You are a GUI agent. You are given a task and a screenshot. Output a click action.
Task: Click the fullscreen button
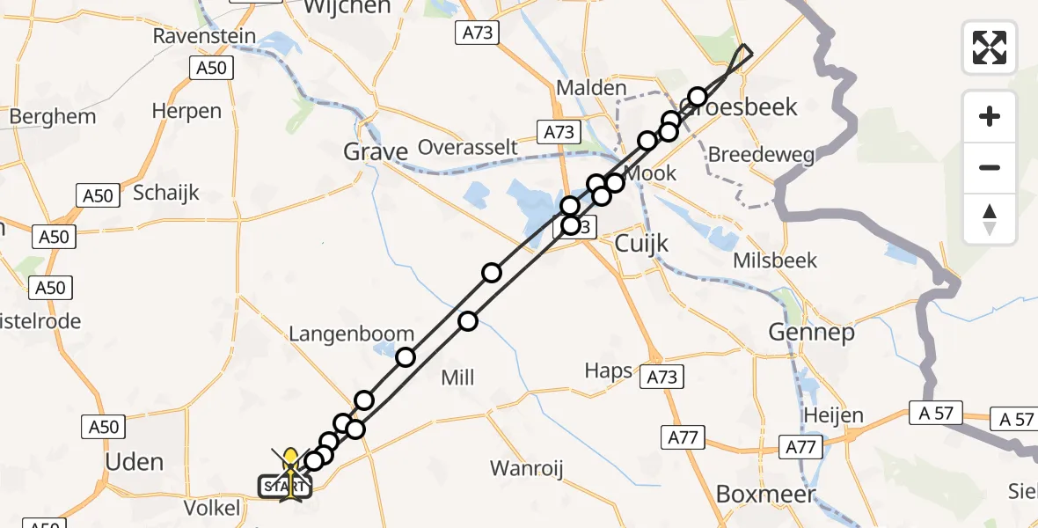[x=990, y=48]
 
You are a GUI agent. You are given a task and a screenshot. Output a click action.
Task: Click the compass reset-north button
[x=990, y=219]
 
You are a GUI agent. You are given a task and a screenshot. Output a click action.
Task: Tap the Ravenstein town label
[x=204, y=36]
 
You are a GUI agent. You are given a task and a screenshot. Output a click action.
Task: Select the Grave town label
[x=376, y=152]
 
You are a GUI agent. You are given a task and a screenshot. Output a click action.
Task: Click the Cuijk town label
[x=641, y=243]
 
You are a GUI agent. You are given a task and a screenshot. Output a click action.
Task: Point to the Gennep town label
[x=811, y=332]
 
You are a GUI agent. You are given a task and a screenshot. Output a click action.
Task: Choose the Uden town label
[x=134, y=462]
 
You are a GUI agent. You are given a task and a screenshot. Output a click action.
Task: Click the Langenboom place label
[x=352, y=334]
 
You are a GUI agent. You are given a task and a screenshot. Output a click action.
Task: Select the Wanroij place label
[x=525, y=467]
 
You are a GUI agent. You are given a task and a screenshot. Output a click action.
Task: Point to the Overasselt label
[x=467, y=146]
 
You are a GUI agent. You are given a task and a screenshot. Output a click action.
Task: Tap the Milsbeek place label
[x=775, y=260]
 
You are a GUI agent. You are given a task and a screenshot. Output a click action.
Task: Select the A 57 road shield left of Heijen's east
[x=937, y=413]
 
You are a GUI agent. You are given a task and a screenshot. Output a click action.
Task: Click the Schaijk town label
[x=166, y=193]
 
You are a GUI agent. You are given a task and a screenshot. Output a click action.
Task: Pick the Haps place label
[x=609, y=370]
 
